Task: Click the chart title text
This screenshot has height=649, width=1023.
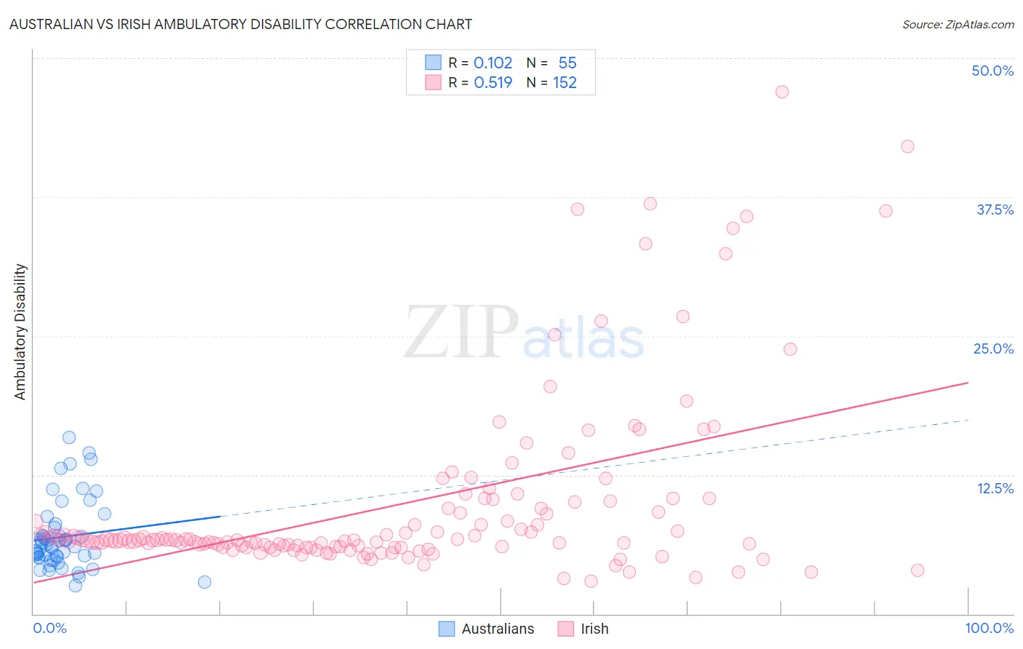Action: [240, 24]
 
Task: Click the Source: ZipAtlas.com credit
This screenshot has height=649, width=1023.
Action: [958, 24]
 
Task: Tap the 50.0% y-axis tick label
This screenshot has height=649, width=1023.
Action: [992, 71]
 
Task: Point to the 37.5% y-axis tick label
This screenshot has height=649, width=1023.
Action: [995, 210]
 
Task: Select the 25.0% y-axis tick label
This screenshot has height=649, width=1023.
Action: [993, 349]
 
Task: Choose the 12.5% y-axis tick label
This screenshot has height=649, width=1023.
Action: [995, 488]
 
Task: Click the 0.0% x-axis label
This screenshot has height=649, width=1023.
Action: [49, 629]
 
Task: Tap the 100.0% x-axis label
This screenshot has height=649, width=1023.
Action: [989, 629]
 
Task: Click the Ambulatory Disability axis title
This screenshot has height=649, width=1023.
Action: [20, 332]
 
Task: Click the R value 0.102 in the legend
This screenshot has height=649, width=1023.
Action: [493, 63]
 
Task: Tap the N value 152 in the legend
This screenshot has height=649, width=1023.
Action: [565, 83]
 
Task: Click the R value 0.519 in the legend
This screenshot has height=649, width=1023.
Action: [493, 83]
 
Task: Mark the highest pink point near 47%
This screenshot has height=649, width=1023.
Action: [782, 92]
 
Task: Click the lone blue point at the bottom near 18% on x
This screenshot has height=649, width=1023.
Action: [204, 582]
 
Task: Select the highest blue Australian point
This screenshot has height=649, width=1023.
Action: [69, 437]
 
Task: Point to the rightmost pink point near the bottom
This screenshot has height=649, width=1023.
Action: [917, 570]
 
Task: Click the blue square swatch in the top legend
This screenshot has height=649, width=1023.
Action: [433, 63]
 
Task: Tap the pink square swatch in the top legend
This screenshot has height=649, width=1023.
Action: [433, 82]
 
